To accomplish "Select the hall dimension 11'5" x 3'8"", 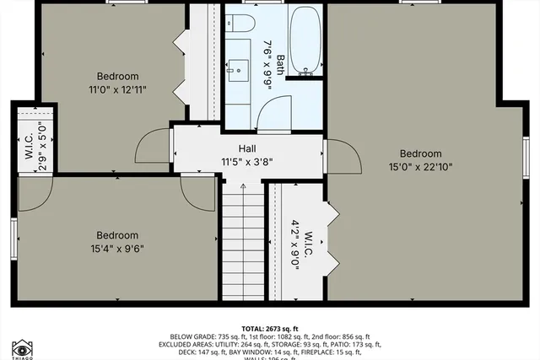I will [x=247, y=162].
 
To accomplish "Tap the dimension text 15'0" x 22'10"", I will [x=420, y=167].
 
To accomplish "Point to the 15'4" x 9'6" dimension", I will [x=116, y=249].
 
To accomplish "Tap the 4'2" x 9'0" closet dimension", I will [x=294, y=244].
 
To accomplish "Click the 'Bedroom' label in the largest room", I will [x=420, y=153].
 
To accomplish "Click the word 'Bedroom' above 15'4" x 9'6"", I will [x=116, y=235].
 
